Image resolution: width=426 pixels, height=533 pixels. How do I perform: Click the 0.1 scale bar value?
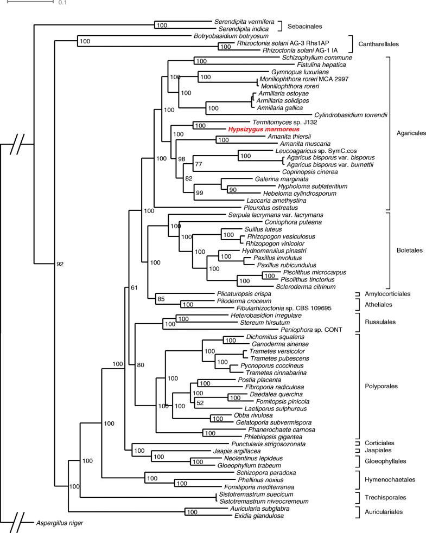(62, 3)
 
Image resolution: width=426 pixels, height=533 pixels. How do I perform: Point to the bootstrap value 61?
(135, 287)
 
